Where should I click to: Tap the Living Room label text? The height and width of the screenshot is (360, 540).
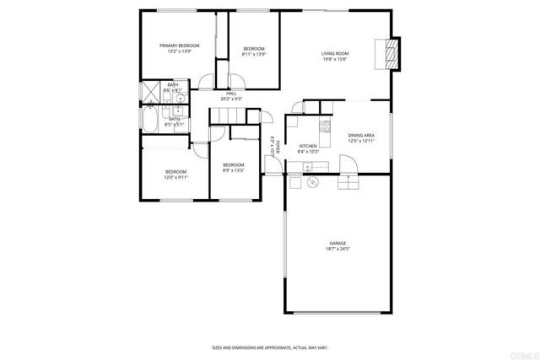point(335,56)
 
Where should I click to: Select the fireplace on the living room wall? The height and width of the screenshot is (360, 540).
point(390,54)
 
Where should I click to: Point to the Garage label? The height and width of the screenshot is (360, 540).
point(337,246)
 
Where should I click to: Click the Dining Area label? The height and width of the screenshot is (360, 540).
point(361,138)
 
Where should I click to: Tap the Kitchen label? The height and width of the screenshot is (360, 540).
point(308,148)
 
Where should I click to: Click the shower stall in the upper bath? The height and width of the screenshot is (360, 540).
point(151,91)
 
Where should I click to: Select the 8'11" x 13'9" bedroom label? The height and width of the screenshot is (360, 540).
point(254,51)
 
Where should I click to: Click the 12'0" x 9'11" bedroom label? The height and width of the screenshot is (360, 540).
point(175,175)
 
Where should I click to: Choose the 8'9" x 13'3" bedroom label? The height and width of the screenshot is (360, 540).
point(233,167)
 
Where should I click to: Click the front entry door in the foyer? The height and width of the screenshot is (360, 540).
point(272,165)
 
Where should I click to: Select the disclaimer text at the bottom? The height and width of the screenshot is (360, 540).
point(269,347)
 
